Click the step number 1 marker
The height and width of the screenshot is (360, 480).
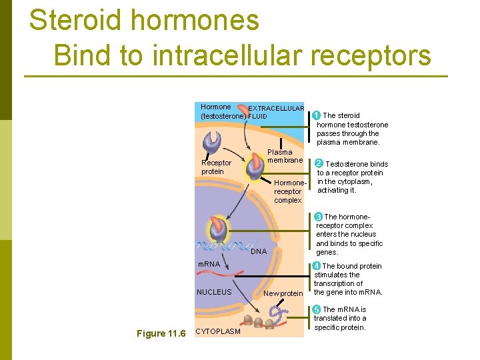tap(317, 115)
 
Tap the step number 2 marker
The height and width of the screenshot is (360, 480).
tap(319, 163)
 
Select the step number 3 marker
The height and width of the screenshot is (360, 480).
tap(319, 217)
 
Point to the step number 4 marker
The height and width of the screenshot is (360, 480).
tap(317, 266)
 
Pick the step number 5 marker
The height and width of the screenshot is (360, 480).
tap(317, 309)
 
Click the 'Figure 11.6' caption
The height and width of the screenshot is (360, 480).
tap(161, 333)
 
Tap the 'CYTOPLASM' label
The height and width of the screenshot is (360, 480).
tap(217, 332)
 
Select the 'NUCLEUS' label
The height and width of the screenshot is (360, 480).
tap(214, 292)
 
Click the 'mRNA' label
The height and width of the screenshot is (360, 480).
tap(209, 265)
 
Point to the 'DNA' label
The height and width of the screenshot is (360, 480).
tap(259, 251)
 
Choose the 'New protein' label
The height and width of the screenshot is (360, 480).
tap(283, 293)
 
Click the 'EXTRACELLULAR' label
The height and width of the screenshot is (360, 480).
tap(276, 109)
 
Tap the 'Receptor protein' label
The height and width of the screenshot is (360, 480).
tap(216, 167)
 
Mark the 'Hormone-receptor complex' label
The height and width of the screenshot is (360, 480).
tap(288, 191)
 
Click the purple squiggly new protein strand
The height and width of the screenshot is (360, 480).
tap(278, 313)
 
